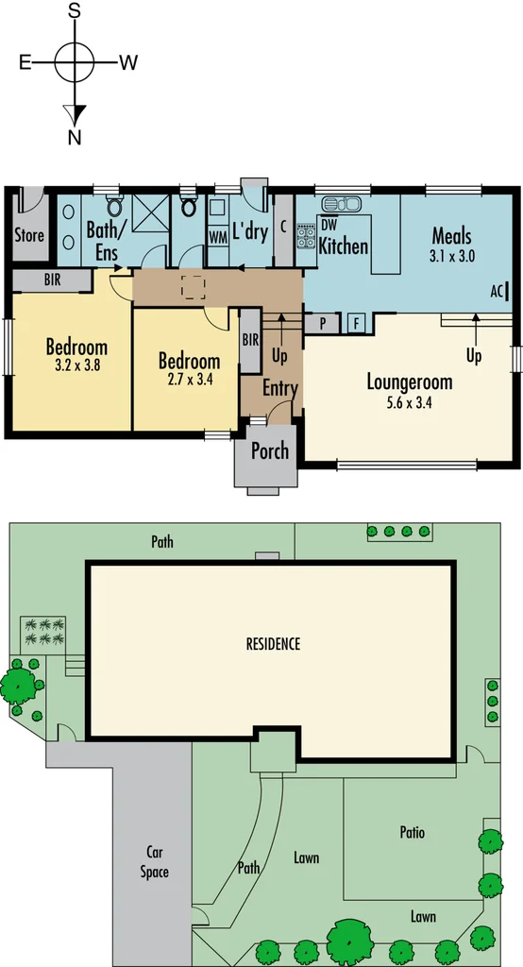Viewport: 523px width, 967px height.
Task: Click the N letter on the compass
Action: click(x=74, y=137)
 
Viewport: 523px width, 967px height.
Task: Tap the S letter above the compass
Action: click(x=75, y=11)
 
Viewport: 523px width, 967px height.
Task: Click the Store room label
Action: click(x=29, y=235)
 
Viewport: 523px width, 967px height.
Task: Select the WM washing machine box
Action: click(x=217, y=235)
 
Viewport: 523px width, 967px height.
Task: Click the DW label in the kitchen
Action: click(x=329, y=225)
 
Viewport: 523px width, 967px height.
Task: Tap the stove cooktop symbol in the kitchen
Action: click(x=306, y=235)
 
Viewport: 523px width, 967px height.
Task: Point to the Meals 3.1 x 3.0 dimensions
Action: click(x=451, y=255)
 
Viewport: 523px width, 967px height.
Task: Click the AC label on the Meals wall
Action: click(x=498, y=292)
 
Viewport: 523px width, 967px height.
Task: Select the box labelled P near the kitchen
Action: click(x=323, y=323)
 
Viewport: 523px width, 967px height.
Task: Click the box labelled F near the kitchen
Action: click(x=358, y=323)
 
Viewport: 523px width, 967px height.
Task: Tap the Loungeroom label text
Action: click(x=410, y=382)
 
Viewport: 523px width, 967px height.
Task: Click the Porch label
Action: click(x=269, y=451)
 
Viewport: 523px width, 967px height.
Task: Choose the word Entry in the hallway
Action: click(x=280, y=388)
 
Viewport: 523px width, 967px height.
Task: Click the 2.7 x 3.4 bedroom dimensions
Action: click(x=188, y=380)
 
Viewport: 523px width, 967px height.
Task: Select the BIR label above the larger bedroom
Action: click(x=52, y=280)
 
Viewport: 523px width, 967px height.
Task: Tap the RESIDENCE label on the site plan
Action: click(x=273, y=644)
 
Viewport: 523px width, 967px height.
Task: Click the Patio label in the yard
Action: click(x=412, y=833)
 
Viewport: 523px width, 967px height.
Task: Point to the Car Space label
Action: click(x=155, y=860)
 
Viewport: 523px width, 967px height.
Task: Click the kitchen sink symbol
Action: click(x=341, y=204)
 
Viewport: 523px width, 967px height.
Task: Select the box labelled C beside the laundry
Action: click(x=284, y=227)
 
